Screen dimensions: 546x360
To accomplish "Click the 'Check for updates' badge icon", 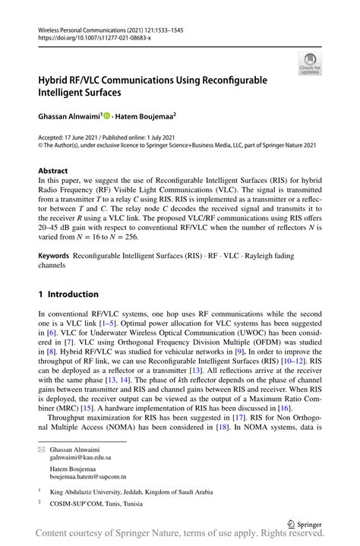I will click(309, 64).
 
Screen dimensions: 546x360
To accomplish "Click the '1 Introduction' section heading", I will click(68, 294).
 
